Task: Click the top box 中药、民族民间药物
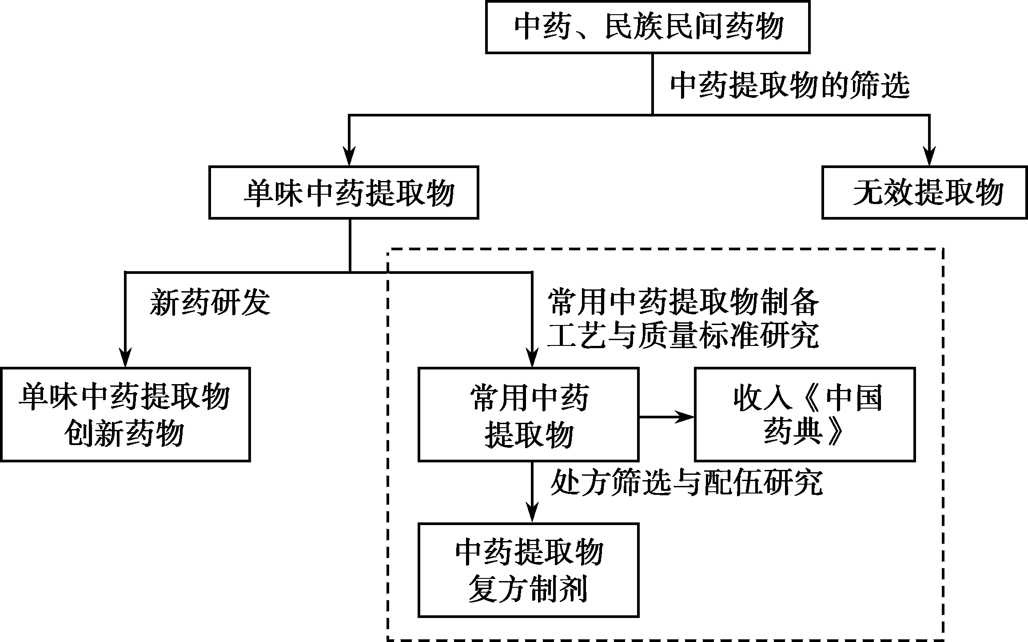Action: click(647, 28)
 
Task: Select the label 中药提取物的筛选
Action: click(789, 85)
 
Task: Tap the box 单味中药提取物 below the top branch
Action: click(343, 193)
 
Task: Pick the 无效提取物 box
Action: click(924, 193)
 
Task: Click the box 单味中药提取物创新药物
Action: click(125, 414)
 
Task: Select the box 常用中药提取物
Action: click(528, 414)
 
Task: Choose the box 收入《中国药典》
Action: click(805, 414)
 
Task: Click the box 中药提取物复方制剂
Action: click(528, 570)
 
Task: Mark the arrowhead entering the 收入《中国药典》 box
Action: click(686, 417)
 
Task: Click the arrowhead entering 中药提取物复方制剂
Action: click(532, 514)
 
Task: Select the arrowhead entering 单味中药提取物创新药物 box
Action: click(126, 358)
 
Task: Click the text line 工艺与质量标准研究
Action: click(683, 336)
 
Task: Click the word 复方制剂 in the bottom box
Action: click(528, 589)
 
